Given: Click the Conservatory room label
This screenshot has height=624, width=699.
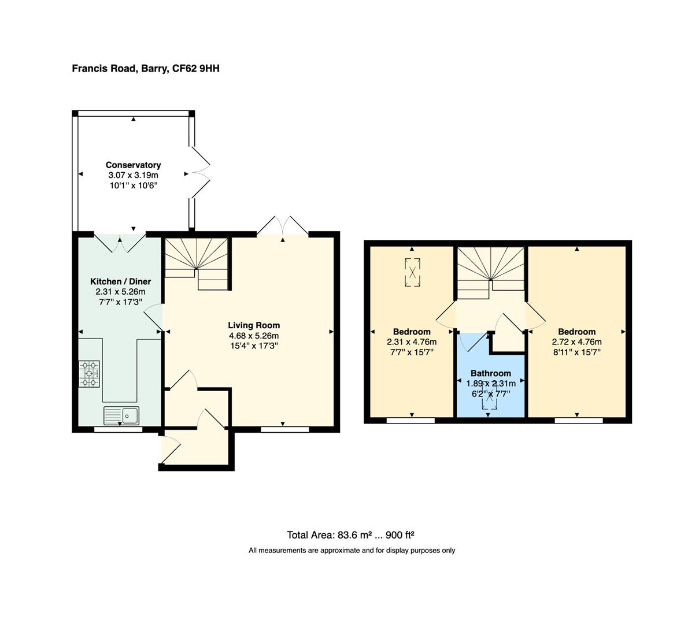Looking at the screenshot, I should click(x=133, y=165).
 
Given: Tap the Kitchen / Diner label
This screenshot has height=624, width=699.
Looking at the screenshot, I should click(x=120, y=281).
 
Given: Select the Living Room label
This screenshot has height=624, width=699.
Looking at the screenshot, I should click(x=254, y=325).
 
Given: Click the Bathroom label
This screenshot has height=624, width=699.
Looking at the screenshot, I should click(x=490, y=373).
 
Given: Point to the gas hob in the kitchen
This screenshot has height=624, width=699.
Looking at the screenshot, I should click(x=89, y=374).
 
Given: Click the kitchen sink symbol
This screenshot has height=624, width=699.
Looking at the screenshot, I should click(x=121, y=415).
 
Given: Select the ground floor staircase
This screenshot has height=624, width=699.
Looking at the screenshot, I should click(x=197, y=263).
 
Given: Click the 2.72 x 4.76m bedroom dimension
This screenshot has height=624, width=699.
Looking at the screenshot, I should click(x=576, y=341).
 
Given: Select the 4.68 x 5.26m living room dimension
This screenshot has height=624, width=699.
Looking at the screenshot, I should click(x=254, y=336).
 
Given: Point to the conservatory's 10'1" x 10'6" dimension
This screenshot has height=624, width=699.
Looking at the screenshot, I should click(x=133, y=185).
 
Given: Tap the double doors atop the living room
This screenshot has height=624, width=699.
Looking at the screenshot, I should click(x=282, y=226).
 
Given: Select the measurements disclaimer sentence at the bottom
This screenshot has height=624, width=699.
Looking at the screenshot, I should click(x=352, y=551).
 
